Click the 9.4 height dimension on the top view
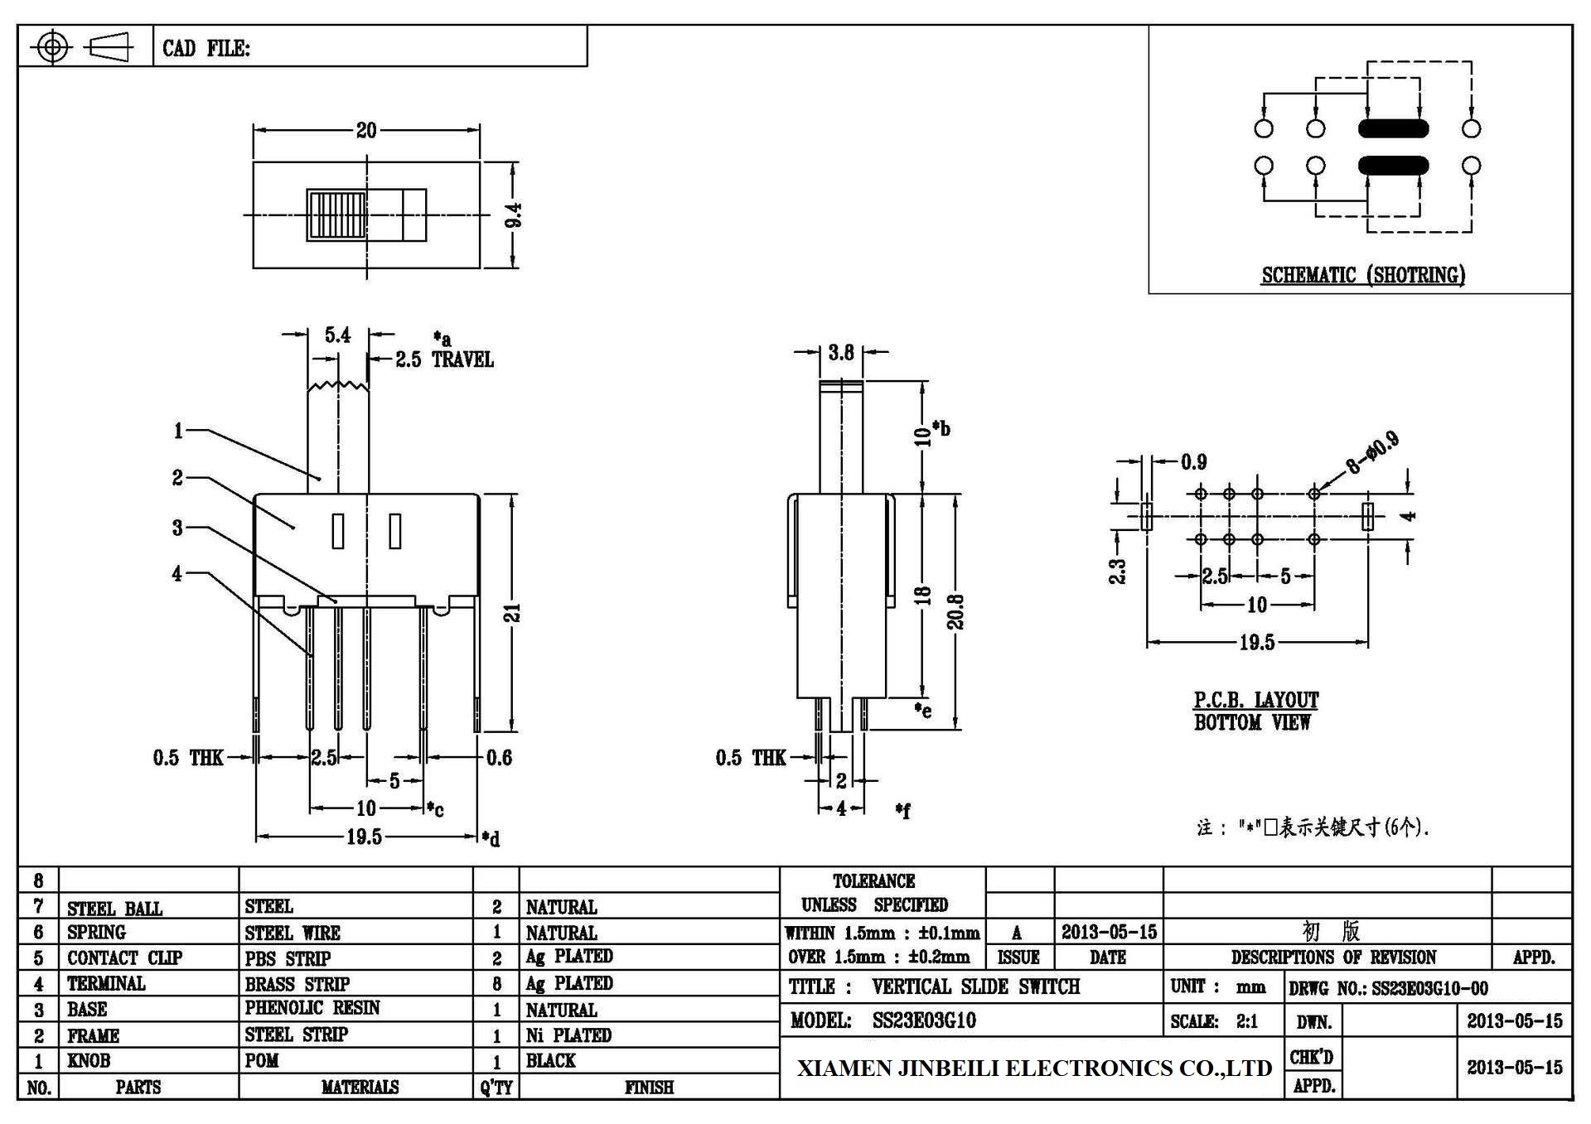pos(514,215)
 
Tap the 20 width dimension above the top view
pos(366,130)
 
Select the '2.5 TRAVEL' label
pos(444,359)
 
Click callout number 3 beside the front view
pos(177,528)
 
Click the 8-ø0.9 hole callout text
pos(1372,452)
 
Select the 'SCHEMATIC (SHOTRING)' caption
pos(1363,275)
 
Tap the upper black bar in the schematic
pos(1394,128)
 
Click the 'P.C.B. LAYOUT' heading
pos(1255,700)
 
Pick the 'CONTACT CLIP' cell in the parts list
pos(124,958)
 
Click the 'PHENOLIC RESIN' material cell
pos(312,1008)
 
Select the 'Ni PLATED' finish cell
pos(568,1035)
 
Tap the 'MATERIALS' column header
pos(360,1087)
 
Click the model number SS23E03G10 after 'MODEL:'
pos(924,1020)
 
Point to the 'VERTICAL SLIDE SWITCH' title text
pos(976,987)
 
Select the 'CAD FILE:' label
pos(206,48)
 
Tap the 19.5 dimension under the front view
pos(364,837)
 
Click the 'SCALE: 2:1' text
pos(1214,1021)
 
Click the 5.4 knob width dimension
pos(337,335)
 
